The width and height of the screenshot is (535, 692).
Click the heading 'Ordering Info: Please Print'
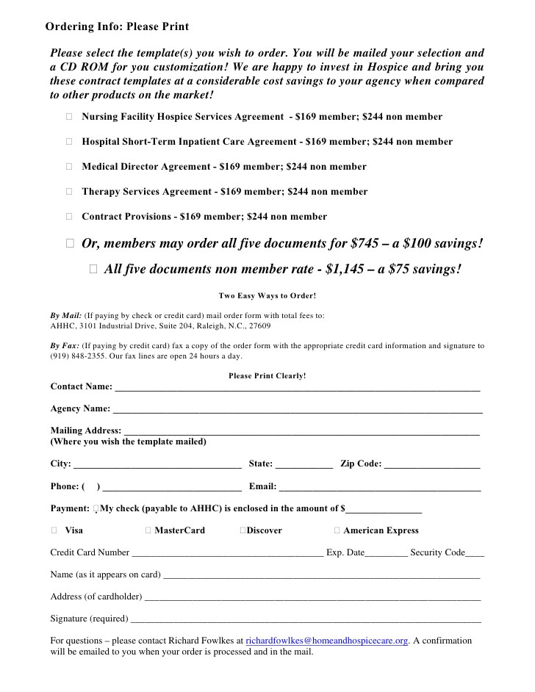(x=117, y=27)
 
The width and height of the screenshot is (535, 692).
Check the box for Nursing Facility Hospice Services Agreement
(x=68, y=117)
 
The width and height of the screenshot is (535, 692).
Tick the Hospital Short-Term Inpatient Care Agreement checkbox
(x=68, y=142)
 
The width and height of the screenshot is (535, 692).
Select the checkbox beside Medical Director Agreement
(x=68, y=167)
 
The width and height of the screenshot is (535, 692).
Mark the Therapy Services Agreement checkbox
(x=68, y=192)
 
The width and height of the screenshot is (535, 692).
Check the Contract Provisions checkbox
(x=68, y=217)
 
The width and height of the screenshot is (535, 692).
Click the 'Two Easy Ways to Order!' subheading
(x=267, y=296)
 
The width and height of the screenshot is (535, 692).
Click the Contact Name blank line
(x=297, y=388)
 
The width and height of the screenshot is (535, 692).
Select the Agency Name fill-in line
(x=297, y=410)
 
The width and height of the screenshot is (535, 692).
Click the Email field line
(x=380, y=488)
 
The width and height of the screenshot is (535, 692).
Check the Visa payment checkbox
(x=54, y=530)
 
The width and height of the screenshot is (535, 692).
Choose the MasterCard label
(x=180, y=530)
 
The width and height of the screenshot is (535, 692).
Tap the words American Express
(x=381, y=530)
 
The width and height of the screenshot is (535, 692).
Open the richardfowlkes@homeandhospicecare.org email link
(x=326, y=641)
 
